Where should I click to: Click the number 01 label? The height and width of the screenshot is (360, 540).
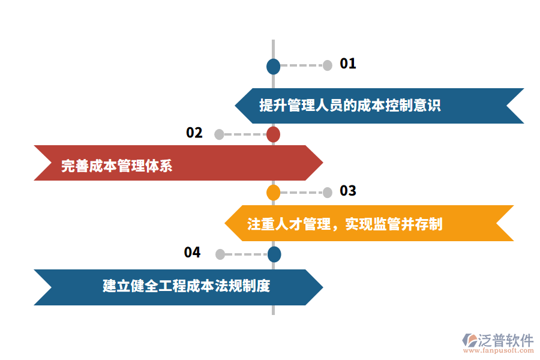[348, 64]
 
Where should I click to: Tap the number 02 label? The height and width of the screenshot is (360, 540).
[194, 133]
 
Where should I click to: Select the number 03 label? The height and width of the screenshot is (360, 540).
[348, 191]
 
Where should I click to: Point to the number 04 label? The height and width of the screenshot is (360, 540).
[192, 253]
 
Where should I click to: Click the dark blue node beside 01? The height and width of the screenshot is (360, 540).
[273, 66]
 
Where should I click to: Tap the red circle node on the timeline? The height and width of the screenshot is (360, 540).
[273, 134]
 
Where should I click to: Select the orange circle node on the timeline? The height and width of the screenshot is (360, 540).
[273, 193]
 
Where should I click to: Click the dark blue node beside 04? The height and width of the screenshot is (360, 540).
[274, 254]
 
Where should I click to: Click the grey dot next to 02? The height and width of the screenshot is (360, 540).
[219, 134]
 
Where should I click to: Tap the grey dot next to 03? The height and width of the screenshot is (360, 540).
[327, 193]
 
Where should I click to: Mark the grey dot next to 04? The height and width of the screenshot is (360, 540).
[220, 254]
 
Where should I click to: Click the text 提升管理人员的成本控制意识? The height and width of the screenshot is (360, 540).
[350, 106]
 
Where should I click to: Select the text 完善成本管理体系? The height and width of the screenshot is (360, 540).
[116, 165]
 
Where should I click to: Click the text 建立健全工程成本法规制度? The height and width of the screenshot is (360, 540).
[186, 286]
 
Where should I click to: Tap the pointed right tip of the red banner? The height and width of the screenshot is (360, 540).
[322, 163]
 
